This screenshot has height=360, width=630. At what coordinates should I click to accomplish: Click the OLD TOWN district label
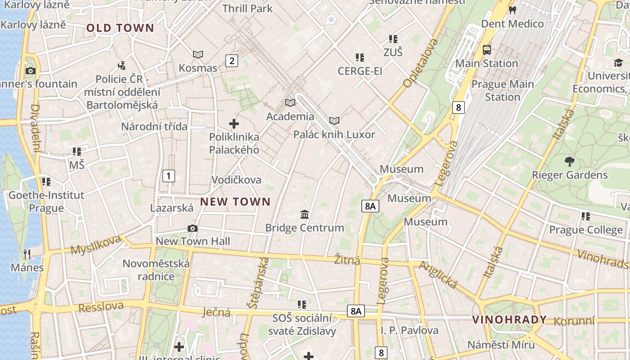[x=120, y=28]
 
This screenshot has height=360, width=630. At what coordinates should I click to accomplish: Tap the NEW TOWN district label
[x=235, y=202]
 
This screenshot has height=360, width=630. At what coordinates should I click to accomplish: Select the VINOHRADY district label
[x=509, y=320]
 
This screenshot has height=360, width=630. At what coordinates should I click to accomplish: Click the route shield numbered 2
[x=231, y=61]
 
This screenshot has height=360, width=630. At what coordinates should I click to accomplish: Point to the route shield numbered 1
[x=168, y=175]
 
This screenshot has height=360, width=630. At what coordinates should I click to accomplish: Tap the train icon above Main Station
[x=486, y=50]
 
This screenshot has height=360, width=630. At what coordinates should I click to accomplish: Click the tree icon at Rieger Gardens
[x=569, y=162]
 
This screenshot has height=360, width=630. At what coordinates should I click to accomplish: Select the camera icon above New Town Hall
[x=193, y=229]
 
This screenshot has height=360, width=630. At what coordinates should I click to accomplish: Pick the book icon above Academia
[x=290, y=103]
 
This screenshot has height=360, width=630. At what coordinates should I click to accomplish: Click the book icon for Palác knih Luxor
[x=334, y=121]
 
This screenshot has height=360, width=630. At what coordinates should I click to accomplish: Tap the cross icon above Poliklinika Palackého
[x=234, y=124]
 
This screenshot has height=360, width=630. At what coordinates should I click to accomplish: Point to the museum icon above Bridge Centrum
[x=305, y=214]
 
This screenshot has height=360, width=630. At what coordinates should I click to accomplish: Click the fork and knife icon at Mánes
[x=27, y=254]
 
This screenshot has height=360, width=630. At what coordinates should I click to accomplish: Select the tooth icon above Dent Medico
[x=512, y=10]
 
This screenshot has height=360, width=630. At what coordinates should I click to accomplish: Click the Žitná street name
[x=347, y=260]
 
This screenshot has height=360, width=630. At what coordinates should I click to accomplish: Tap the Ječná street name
[x=216, y=312]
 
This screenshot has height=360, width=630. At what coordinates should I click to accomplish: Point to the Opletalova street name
[x=421, y=63]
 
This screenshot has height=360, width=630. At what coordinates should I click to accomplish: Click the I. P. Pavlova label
[x=409, y=330]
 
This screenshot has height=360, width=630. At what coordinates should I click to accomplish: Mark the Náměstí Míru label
[x=501, y=345]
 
